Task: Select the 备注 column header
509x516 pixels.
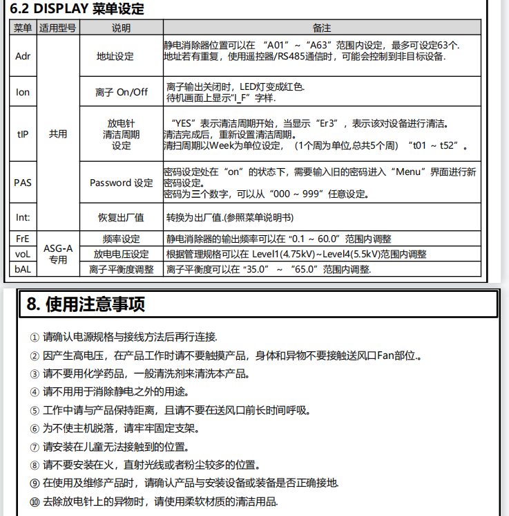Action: coord(322,28)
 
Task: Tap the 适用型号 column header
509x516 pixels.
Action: coord(58,28)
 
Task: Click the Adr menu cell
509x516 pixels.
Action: coord(23,56)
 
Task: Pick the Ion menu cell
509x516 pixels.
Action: coord(23,92)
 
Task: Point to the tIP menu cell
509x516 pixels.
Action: coord(23,134)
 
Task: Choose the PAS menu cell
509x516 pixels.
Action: coord(23,183)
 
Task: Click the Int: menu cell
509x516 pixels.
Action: coord(23,217)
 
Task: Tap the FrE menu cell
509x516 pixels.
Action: coord(23,239)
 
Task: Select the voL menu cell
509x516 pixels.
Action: coord(23,254)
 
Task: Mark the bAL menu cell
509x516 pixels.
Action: coord(23,268)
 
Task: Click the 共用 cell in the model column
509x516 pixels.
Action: coord(58,134)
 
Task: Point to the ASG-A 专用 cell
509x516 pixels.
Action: coord(58,253)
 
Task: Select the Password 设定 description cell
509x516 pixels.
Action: coord(122,183)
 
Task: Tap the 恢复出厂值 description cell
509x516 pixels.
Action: coord(121,217)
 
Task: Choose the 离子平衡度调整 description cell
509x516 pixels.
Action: coord(122,268)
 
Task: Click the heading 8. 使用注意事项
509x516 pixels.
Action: coord(86,304)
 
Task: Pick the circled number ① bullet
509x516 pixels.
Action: coord(35,338)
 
